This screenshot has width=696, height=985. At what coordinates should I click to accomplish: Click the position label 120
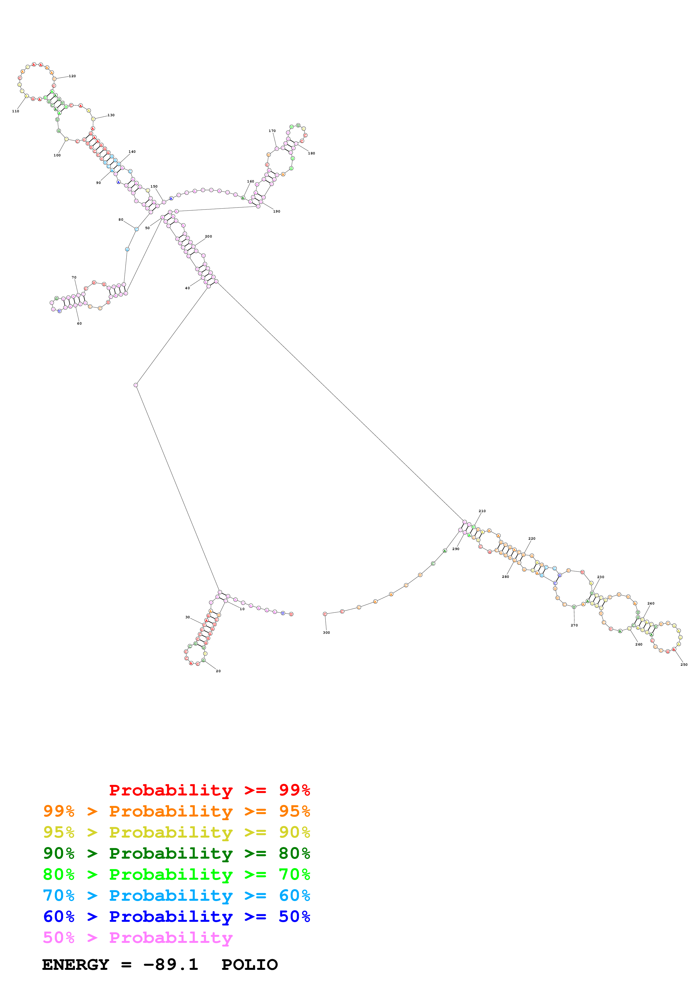(x=72, y=76)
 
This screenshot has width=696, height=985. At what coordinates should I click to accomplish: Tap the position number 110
(x=15, y=111)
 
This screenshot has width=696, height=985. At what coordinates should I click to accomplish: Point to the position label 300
(x=326, y=632)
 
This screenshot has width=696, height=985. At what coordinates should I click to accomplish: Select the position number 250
(x=684, y=665)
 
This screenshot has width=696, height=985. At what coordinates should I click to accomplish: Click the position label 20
(x=218, y=671)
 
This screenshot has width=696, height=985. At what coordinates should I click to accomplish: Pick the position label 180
(x=311, y=153)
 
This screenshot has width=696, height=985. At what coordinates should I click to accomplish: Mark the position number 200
(x=208, y=236)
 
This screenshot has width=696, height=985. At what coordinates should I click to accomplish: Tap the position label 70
(x=74, y=278)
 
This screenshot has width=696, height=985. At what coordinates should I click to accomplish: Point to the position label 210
(x=482, y=511)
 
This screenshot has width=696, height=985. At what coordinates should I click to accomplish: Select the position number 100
(x=57, y=155)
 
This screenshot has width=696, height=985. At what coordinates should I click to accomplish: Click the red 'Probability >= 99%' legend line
(x=209, y=790)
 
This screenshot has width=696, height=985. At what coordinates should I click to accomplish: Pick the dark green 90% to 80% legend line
(x=176, y=853)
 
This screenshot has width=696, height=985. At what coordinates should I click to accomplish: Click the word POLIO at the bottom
(x=250, y=965)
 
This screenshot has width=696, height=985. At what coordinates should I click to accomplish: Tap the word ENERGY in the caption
(x=76, y=965)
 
